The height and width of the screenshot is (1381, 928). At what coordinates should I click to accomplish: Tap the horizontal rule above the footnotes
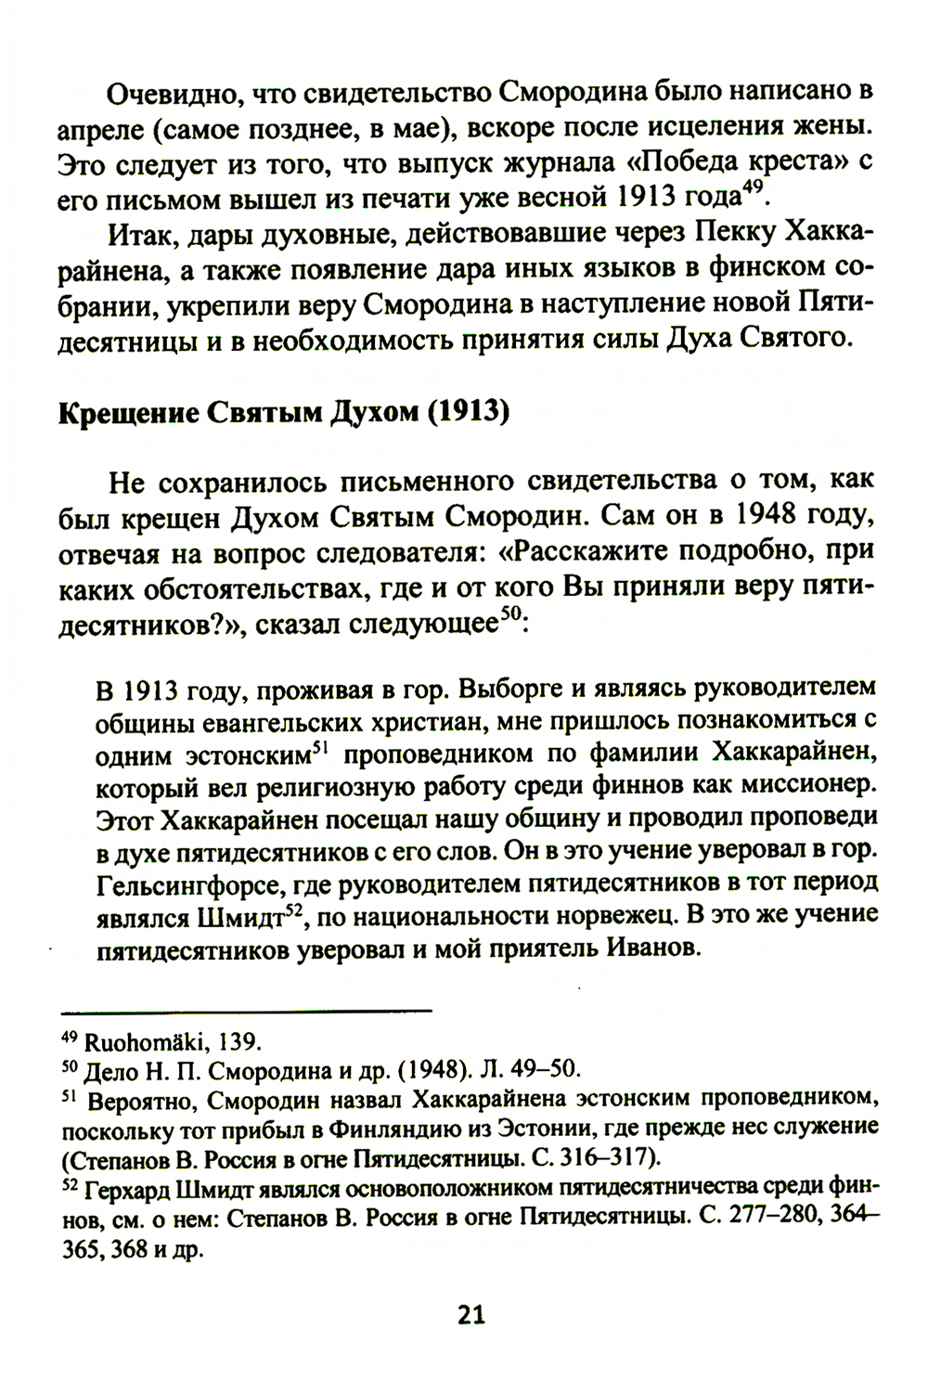coord(245,1009)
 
